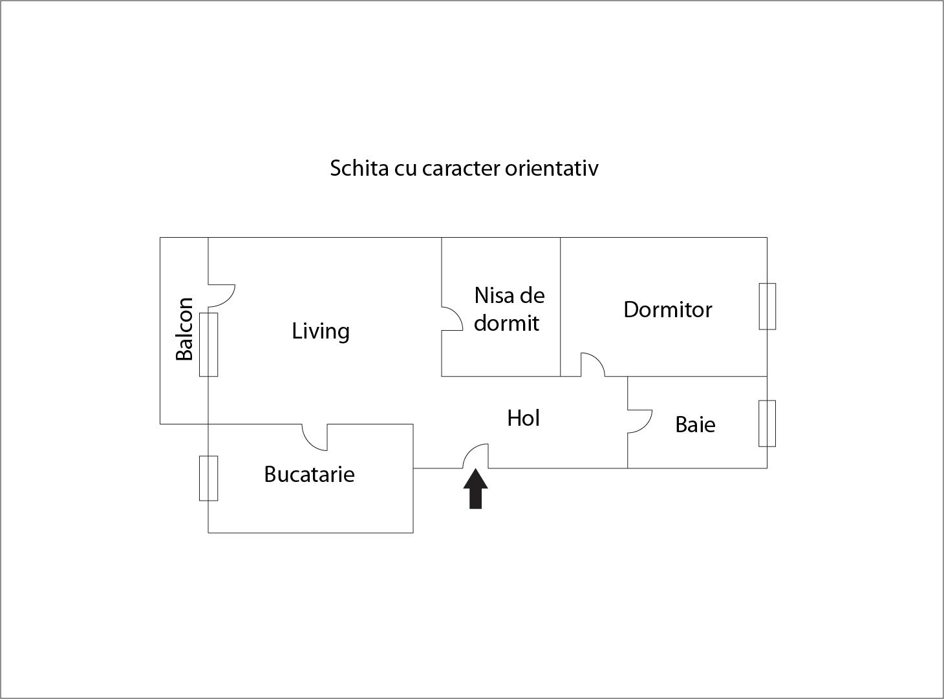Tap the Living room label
321,331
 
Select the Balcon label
185,329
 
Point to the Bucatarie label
309,475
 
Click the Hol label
523,419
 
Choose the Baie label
695,425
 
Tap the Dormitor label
667,310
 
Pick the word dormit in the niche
506,323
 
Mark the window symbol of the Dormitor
767,306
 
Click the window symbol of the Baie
767,423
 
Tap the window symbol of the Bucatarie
208,478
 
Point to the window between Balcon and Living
208,344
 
